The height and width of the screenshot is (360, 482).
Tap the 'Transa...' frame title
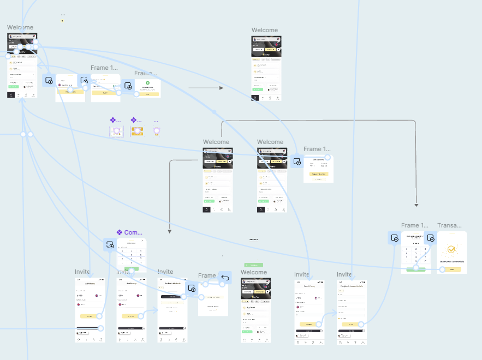(449, 225)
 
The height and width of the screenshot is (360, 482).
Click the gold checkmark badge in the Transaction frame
(451, 250)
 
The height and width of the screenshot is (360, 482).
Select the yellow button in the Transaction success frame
(451, 269)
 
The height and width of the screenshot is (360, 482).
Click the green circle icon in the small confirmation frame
(147, 83)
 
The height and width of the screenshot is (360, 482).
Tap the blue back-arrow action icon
(225, 278)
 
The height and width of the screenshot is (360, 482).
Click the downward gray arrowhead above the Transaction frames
(416, 205)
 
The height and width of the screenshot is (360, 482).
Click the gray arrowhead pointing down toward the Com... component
(170, 231)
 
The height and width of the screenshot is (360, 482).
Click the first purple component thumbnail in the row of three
(116, 131)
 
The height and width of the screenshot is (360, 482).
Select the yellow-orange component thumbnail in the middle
(136, 131)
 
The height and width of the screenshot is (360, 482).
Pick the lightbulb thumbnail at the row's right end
(157, 131)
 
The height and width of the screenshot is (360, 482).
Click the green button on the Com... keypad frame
(132, 269)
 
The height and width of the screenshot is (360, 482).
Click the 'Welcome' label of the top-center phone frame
(265, 31)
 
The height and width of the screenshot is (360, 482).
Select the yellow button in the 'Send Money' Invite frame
(308, 324)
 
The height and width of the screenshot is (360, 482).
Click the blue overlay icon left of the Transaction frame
(430, 238)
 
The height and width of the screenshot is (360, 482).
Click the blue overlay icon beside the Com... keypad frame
(110, 245)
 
